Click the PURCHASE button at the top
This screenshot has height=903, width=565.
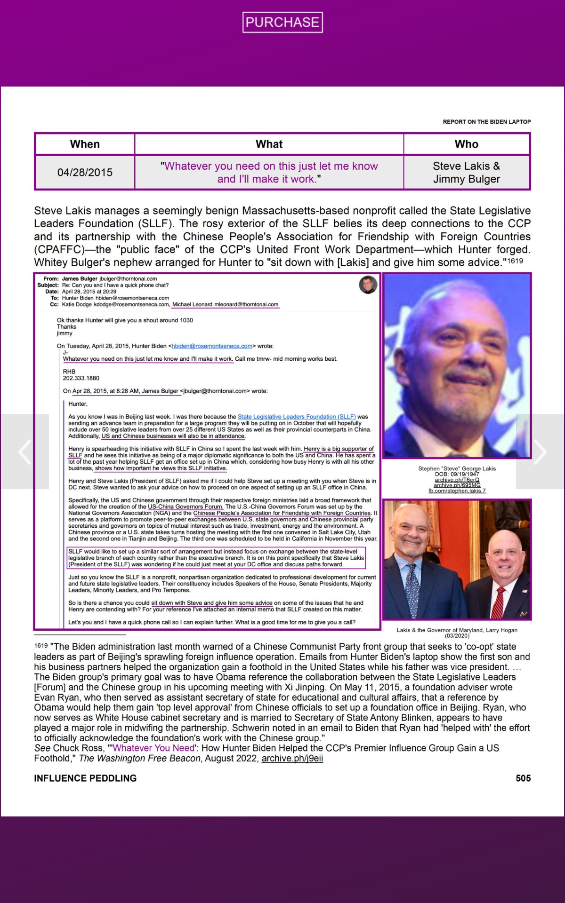[282, 22]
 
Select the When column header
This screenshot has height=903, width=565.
[85, 144]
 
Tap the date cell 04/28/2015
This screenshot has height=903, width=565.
[85, 172]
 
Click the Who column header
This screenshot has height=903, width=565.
[466, 144]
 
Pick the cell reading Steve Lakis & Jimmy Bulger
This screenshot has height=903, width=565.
[466, 172]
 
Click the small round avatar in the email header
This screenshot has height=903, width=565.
[368, 285]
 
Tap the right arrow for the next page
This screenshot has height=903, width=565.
[540, 451]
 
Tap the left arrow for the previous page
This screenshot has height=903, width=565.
[24, 451]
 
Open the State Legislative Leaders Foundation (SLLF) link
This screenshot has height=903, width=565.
[296, 417]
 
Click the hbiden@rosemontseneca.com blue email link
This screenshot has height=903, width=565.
[212, 346]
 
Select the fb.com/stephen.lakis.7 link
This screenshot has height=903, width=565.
[457, 491]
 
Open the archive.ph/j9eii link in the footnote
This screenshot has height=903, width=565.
[292, 758]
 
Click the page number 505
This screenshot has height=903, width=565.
[523, 778]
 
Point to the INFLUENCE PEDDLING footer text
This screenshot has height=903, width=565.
[85, 778]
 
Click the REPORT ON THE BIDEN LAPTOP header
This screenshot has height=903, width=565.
[486, 122]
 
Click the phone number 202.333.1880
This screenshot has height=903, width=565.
[81, 378]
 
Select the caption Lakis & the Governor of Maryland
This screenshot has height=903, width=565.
[457, 630]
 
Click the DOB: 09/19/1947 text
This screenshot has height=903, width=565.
[457, 474]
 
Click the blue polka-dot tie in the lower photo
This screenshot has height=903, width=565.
[412, 588]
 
